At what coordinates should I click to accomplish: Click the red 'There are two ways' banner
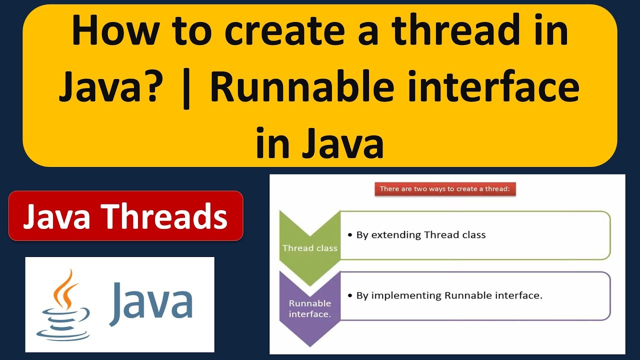click(x=444, y=189)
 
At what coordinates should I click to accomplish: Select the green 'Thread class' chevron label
click(x=310, y=248)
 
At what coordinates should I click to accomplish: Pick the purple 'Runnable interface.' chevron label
click(x=310, y=308)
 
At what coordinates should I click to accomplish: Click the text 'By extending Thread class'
click(x=420, y=234)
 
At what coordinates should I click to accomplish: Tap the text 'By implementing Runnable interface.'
click(x=449, y=295)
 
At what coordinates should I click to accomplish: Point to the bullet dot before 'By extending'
click(x=350, y=235)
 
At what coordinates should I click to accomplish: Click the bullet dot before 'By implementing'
click(x=350, y=296)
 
